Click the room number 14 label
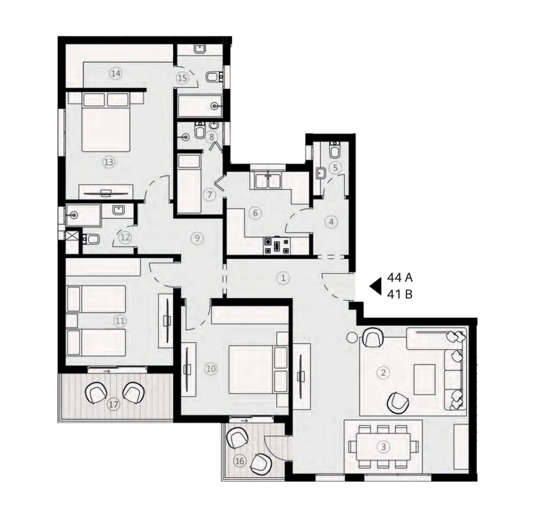coord(116,73)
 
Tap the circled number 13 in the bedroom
coord(108,162)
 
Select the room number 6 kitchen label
coord(254,213)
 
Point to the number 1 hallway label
coord(282,277)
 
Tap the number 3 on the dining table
coord(383,446)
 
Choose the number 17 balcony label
coord(114,405)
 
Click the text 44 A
coord(400,278)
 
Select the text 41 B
coord(399,295)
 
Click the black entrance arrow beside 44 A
coord(376,285)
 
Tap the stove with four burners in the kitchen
coord(278,247)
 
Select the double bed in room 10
coord(254,369)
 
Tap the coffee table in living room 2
coord(425,378)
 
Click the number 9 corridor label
coord(197,237)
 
